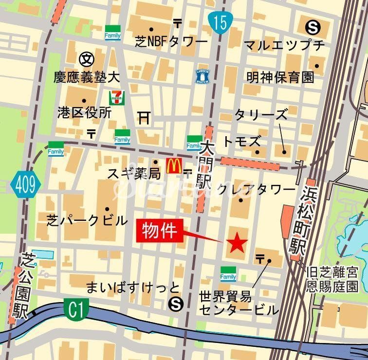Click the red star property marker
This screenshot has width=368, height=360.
[238, 242]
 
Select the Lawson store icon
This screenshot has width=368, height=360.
[202, 75]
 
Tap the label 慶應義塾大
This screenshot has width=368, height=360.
[87, 77]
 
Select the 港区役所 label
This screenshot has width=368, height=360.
[84, 112]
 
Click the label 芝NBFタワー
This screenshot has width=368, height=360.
[171, 42]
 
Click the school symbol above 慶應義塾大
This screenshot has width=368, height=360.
[86, 59]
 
